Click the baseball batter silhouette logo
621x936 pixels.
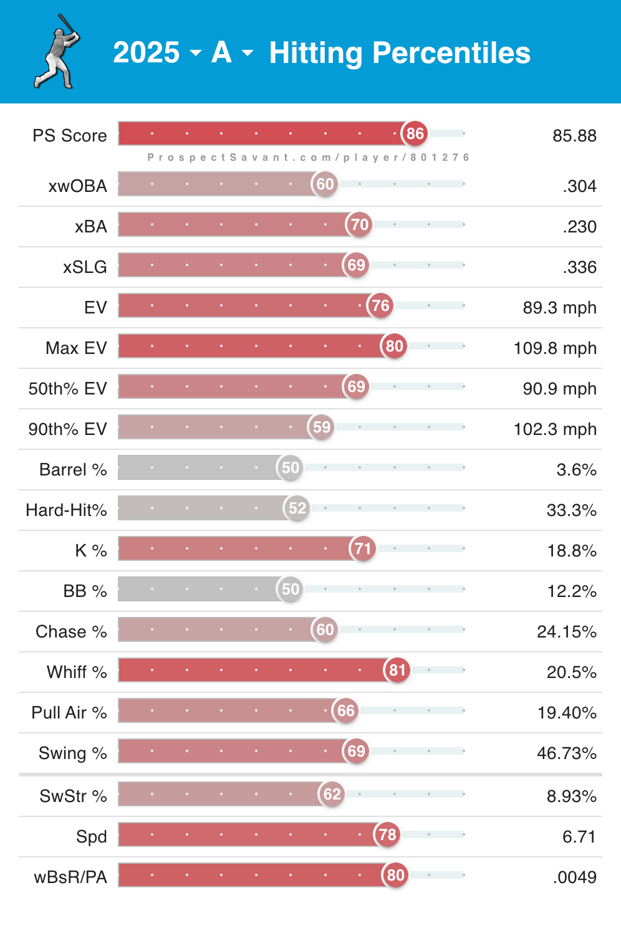[x=57, y=52]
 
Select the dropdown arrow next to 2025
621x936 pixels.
[x=196, y=53]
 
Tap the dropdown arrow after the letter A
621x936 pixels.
[x=248, y=53]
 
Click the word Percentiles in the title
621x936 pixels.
[x=451, y=53]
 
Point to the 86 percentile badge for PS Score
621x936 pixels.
[x=415, y=133]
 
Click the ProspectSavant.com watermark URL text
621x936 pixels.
[x=308, y=158]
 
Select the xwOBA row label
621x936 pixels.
[x=78, y=186]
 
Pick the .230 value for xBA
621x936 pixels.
[x=579, y=226]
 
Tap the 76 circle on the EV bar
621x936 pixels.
[x=380, y=305]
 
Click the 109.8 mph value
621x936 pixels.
[x=555, y=348]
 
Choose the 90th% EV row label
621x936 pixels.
[x=67, y=429]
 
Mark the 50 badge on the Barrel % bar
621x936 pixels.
[x=291, y=467]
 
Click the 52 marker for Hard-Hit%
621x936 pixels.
[x=297, y=508]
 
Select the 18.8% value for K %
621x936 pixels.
[x=572, y=550]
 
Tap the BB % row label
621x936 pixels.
[x=85, y=591]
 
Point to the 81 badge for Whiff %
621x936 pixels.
[x=398, y=670]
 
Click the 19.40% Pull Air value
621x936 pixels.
[x=567, y=712]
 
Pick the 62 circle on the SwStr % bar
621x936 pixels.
[x=332, y=794]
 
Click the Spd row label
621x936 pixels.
[x=92, y=836]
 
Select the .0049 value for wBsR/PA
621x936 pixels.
[x=574, y=877]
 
